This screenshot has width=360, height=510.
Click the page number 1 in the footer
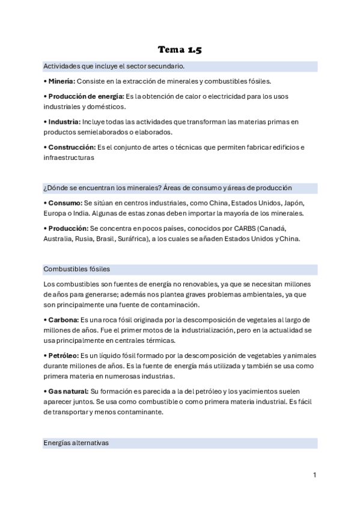point(314,475)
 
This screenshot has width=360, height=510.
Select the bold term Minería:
point(61,81)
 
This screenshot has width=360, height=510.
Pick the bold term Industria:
point(63,121)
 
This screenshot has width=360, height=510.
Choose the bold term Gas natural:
point(68,392)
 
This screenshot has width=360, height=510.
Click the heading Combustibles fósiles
point(76,269)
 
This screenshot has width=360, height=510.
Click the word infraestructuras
point(69,158)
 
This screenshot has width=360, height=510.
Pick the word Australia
point(58,239)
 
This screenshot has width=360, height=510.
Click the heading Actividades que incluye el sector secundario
point(114,66)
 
